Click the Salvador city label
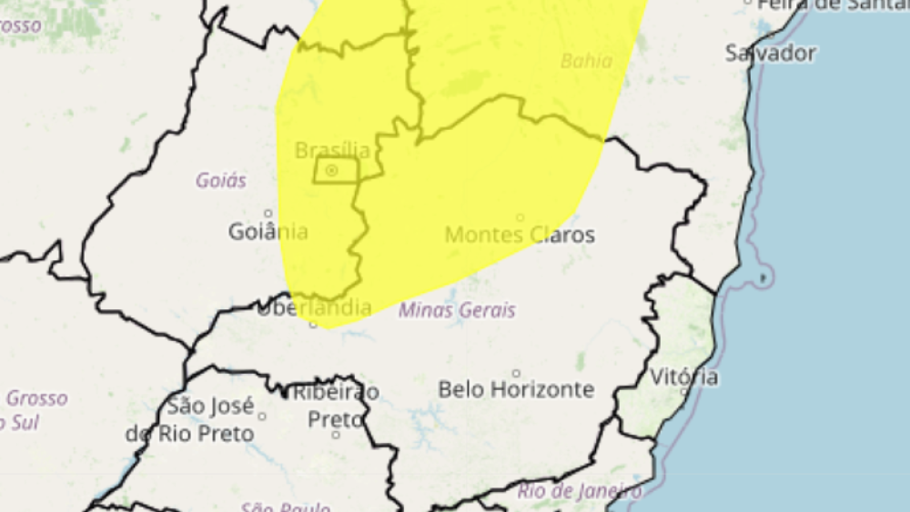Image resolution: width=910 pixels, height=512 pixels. click(x=770, y=53)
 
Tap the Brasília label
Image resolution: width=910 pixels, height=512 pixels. click(x=332, y=150)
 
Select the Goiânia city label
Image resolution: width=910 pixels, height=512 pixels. click(x=268, y=232)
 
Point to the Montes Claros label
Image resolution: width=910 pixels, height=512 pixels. click(x=520, y=235)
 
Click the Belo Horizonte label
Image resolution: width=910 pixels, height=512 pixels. click(x=516, y=389)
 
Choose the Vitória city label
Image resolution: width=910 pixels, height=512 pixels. click(x=684, y=376)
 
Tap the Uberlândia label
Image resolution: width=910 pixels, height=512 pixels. click(x=314, y=307)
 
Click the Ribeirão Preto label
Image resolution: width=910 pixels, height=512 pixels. click(x=334, y=406)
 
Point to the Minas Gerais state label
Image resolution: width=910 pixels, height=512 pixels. click(x=457, y=310)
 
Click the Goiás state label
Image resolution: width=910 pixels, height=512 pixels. click(x=221, y=180)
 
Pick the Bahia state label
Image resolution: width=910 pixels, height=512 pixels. click(x=586, y=62)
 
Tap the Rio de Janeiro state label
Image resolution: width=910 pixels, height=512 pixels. click(x=579, y=492)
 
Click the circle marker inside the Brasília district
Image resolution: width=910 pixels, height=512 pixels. click(x=332, y=170)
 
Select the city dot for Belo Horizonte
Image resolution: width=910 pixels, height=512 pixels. click(x=516, y=373)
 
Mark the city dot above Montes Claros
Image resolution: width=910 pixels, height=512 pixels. click(x=521, y=217)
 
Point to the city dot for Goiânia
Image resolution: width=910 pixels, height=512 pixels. click(x=268, y=214)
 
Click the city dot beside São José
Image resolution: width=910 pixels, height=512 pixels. click(x=262, y=417)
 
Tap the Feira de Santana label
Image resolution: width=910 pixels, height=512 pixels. click(x=828, y=5)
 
